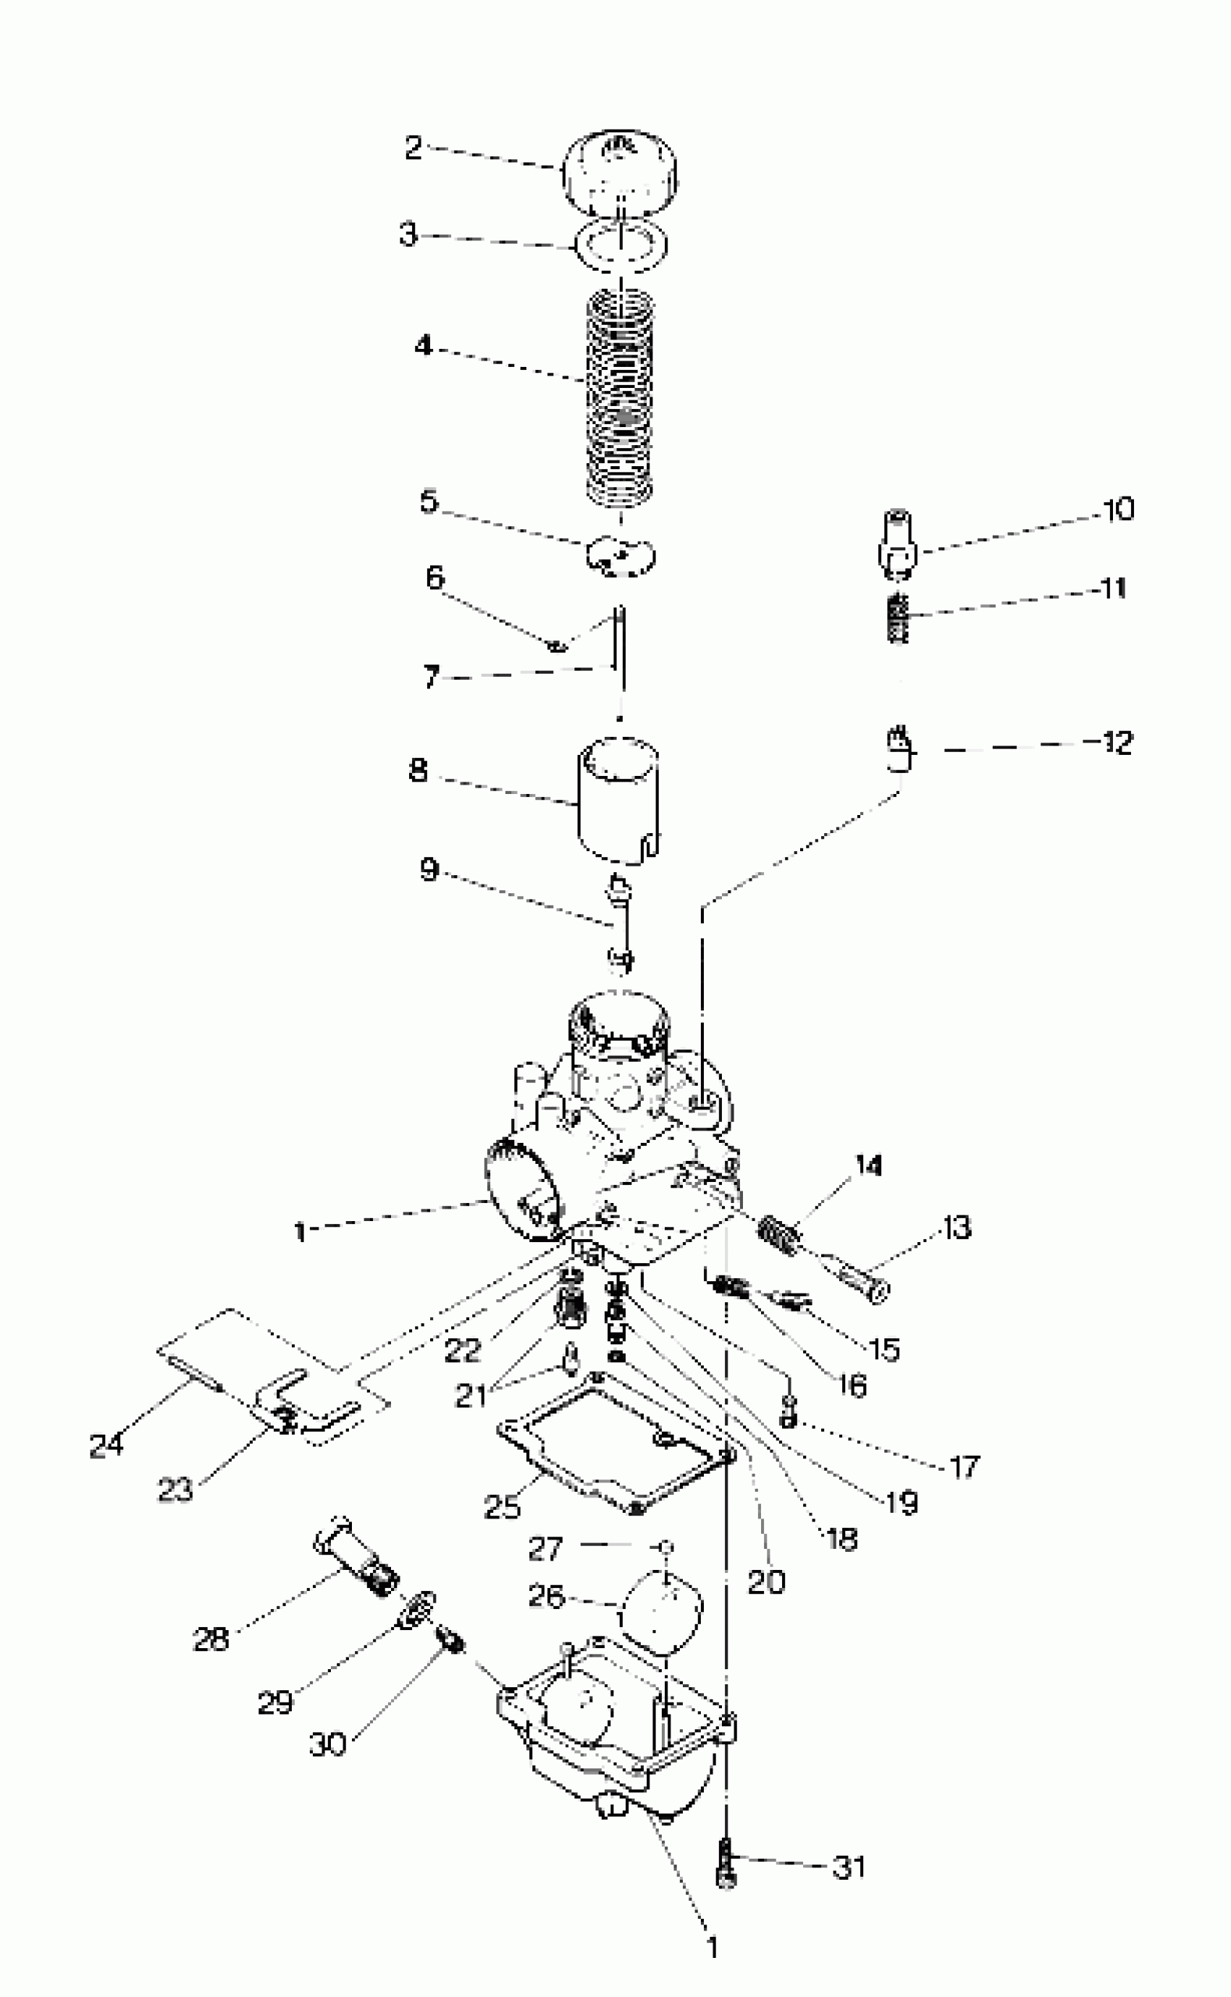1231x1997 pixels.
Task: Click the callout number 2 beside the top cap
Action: click(x=413, y=148)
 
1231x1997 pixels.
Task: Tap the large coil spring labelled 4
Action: click(x=621, y=399)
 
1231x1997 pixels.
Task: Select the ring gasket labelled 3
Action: click(x=621, y=244)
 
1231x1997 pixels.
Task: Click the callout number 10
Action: click(x=1119, y=510)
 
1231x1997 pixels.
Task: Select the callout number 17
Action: click(x=964, y=1467)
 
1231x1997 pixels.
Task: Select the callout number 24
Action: click(x=106, y=1445)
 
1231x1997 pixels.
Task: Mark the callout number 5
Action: click(x=429, y=502)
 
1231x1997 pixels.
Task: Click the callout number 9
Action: click(x=429, y=870)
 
